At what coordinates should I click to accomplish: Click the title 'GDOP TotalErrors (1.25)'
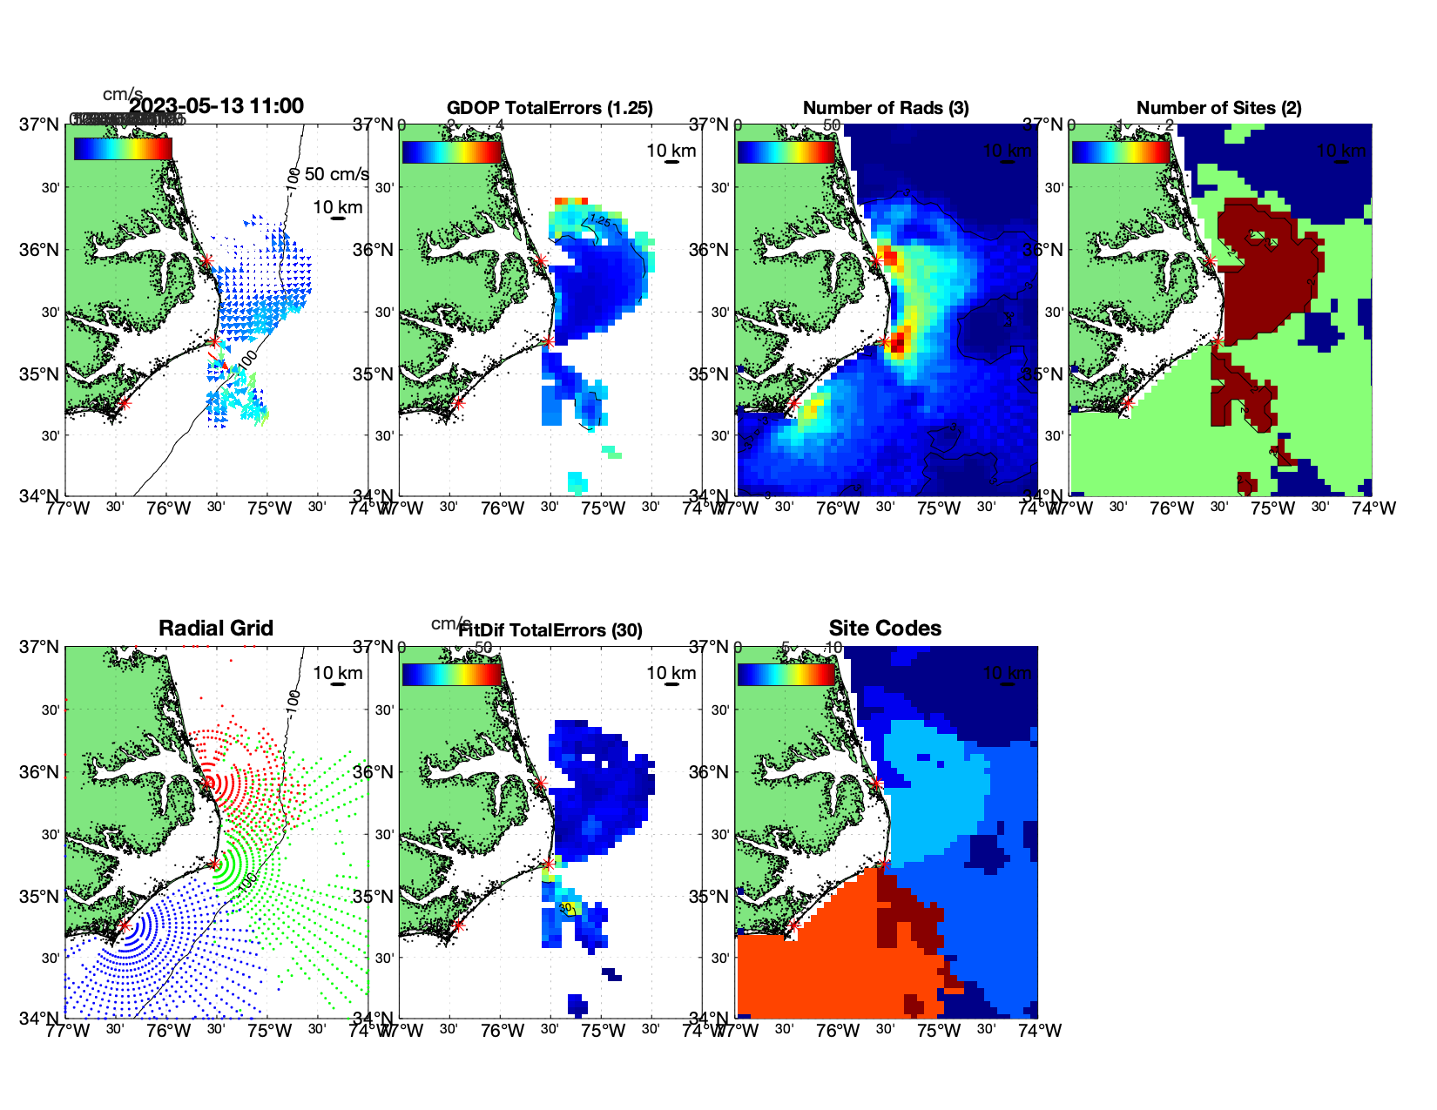550,108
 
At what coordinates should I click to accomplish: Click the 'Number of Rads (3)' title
886,108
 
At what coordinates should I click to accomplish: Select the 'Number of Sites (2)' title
1218,108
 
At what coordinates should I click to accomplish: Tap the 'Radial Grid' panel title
216,629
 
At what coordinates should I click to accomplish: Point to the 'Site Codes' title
885,629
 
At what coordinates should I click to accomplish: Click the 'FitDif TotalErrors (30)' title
550,630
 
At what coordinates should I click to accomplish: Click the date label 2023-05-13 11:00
217,106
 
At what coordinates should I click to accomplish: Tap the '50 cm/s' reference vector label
336,174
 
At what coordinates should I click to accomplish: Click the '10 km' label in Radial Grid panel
338,673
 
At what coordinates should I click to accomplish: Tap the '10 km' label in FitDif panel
671,673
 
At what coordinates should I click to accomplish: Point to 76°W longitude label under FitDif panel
503,1031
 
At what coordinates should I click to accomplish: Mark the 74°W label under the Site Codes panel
1040,1031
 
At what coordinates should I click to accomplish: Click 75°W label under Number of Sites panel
1273,508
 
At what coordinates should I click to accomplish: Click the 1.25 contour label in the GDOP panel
599,221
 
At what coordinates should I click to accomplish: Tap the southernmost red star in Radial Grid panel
124,925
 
